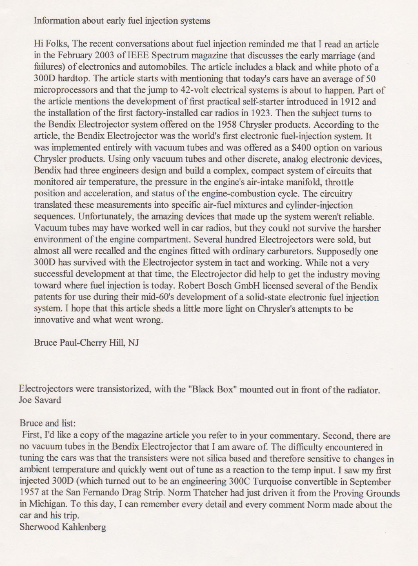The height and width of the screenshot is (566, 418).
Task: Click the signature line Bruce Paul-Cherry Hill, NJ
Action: [87, 342]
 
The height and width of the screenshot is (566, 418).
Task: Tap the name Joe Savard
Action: [40, 400]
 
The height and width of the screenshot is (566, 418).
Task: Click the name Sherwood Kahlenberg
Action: [63, 527]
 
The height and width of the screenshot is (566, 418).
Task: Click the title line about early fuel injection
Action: [122, 20]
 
